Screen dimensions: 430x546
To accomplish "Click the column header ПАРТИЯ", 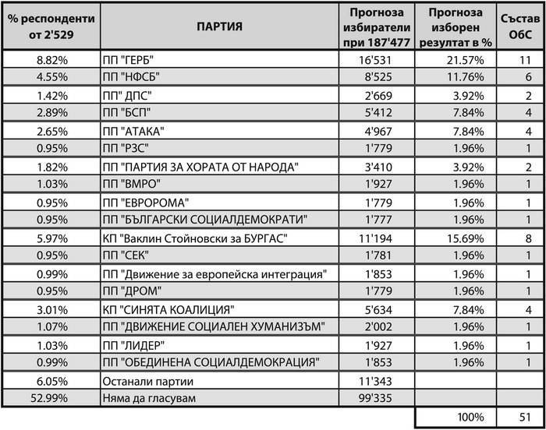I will pos(219,26).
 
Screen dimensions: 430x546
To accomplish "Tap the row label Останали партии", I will pos(146,382).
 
